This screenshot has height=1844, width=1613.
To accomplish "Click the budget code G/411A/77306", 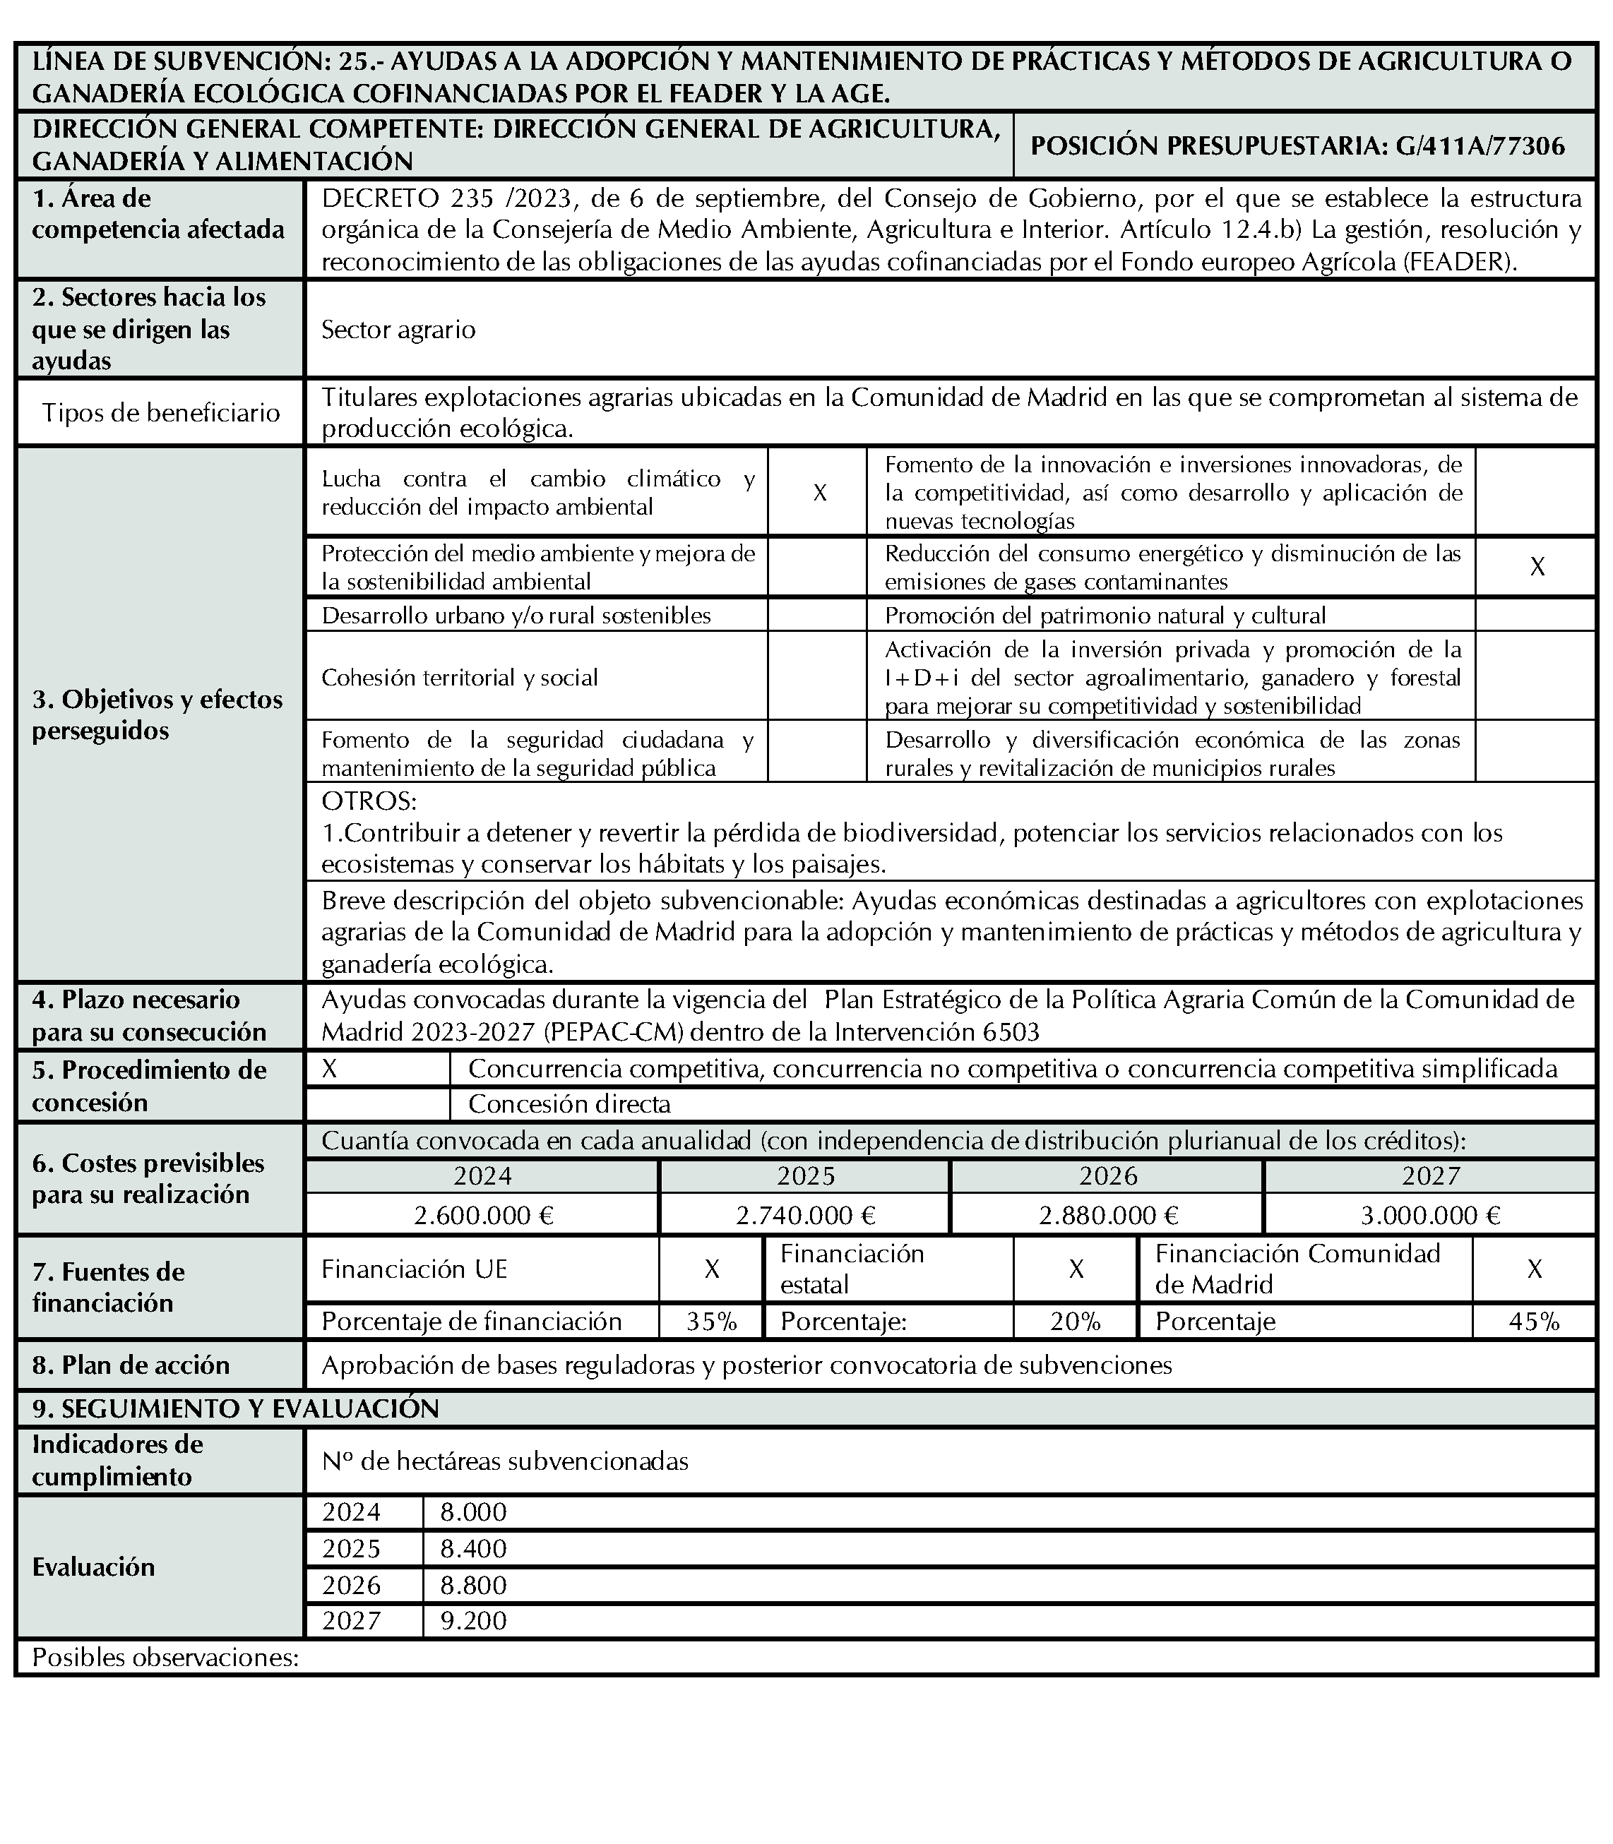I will pos(1481,146).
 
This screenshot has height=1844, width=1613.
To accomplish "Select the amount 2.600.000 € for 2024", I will pos(483,1216).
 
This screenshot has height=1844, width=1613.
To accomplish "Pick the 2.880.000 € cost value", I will pos(1108,1216).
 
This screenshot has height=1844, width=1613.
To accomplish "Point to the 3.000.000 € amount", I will pos(1430,1216).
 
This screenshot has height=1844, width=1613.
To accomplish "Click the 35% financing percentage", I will pos(711,1321).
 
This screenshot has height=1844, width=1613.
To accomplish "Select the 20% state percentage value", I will pos(1075,1321).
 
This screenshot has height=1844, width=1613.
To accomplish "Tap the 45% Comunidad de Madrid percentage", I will pos(1534,1321).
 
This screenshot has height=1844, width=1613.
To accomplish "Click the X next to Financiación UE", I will pos(711,1269).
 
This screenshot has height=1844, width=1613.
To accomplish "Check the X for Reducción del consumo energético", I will pos(1537,567).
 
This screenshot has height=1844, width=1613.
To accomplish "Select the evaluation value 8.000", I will pos(473,1512).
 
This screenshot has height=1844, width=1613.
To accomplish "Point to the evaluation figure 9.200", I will pos(473,1621).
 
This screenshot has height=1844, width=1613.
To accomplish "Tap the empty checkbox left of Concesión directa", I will pos(378,1103).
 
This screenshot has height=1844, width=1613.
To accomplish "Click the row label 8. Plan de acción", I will pos(131,1365).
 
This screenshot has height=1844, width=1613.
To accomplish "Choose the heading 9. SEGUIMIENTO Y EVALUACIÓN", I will pos(236,1408).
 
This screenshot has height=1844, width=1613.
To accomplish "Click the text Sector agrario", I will pos(398,330).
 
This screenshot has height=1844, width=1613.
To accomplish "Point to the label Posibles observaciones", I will pos(165,1657).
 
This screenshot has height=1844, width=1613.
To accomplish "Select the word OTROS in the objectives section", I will pos(369,801).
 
